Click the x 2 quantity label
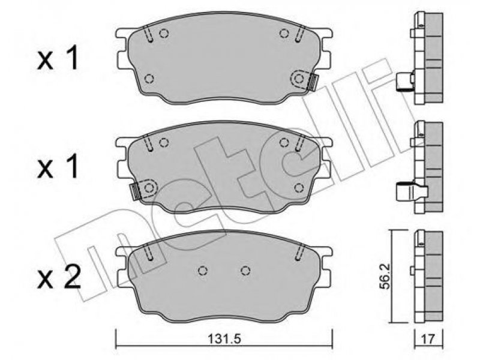pos(59,277)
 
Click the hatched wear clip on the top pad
pos(313,82)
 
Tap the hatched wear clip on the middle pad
pos(134,192)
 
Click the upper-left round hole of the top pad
pos(164,33)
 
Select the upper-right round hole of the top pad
pos(284,33)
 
